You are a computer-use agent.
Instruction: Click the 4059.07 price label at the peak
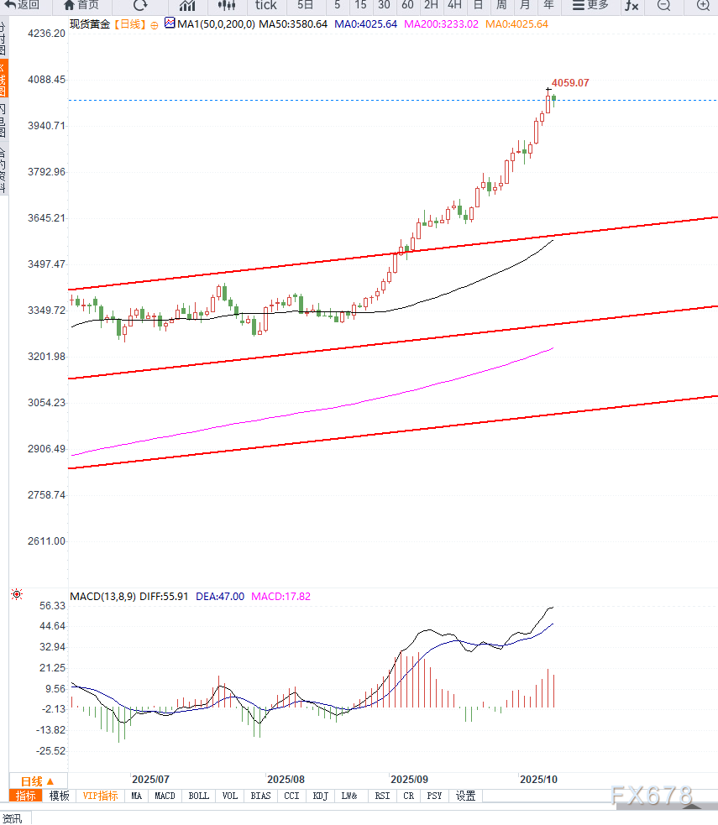click(570, 83)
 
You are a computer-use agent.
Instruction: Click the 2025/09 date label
click(410, 779)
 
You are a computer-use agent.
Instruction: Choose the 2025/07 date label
click(151, 779)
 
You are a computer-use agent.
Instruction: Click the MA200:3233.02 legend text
click(441, 24)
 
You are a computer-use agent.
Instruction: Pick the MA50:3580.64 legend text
click(292, 24)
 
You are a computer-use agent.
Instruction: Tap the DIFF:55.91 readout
click(163, 597)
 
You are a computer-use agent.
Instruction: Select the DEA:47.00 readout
click(220, 597)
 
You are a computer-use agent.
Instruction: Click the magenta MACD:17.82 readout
click(281, 597)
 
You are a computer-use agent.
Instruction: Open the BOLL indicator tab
click(199, 796)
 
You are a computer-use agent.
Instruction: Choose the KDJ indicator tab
click(320, 796)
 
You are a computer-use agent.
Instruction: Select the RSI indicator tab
click(382, 796)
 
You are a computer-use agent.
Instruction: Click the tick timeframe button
click(265, 5)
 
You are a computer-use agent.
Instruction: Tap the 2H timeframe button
click(431, 5)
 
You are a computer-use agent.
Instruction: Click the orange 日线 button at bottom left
click(37, 780)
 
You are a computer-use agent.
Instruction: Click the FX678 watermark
click(652, 794)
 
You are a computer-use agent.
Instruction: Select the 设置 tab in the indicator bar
click(465, 796)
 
